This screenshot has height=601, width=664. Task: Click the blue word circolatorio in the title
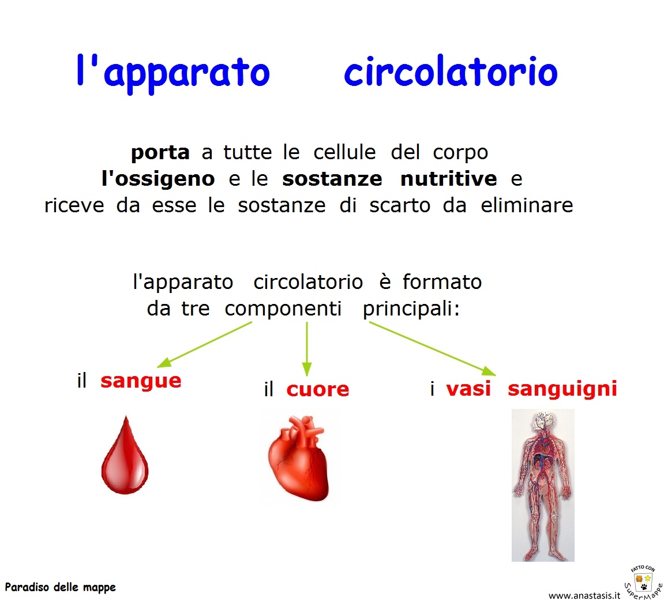click(451, 72)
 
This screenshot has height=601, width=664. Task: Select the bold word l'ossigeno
click(158, 179)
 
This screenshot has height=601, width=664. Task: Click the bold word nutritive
click(448, 179)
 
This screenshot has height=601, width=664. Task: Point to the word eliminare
click(527, 205)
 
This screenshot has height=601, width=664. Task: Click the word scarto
click(400, 206)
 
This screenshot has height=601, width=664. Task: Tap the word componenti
click(283, 309)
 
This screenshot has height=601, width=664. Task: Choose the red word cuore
click(318, 390)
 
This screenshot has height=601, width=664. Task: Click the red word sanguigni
click(562, 389)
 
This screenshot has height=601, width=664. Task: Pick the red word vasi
click(468, 389)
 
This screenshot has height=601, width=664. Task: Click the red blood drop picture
click(125, 456)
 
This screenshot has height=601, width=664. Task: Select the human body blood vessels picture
click(543, 485)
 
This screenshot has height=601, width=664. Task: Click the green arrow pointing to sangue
click(205, 344)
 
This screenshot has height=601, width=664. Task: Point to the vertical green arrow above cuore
click(307, 349)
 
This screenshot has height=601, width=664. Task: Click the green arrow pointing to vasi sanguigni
click(432, 348)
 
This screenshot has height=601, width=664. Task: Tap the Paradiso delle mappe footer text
click(60, 588)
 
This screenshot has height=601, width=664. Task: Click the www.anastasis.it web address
click(584, 595)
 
